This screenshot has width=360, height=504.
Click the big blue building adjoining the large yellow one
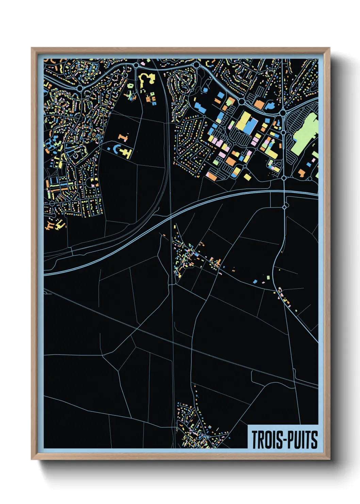coord(251,126)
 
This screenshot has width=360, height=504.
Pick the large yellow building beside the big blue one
coord(243,121)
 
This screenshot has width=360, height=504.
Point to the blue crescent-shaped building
coord(117,149)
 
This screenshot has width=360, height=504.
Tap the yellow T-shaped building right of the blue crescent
coord(127,153)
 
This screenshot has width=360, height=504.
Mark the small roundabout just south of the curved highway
coord(284,207)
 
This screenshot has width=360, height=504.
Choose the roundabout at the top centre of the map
coord(196,65)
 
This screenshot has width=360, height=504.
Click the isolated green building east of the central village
coord(267,278)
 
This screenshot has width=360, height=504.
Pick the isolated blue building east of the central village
coord(255,282)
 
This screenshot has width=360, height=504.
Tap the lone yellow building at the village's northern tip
coord(175,226)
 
